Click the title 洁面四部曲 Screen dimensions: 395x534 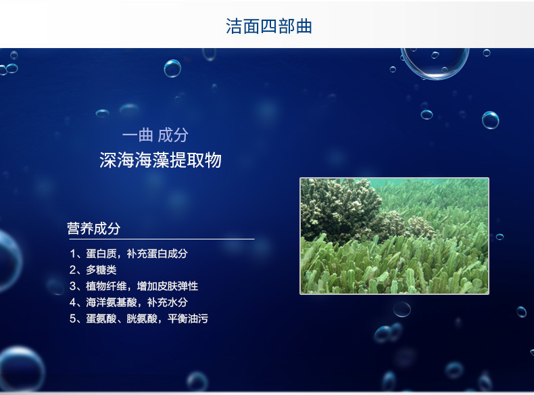tap(268, 26)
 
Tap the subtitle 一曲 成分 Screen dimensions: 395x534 tap(155, 135)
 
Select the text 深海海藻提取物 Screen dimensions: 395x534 tap(160, 161)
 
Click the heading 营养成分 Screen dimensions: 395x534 tap(93, 229)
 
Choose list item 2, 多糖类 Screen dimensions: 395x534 tap(93, 270)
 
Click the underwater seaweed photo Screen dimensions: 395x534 tap(394, 235)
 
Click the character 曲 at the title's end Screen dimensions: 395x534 tap(303, 26)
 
